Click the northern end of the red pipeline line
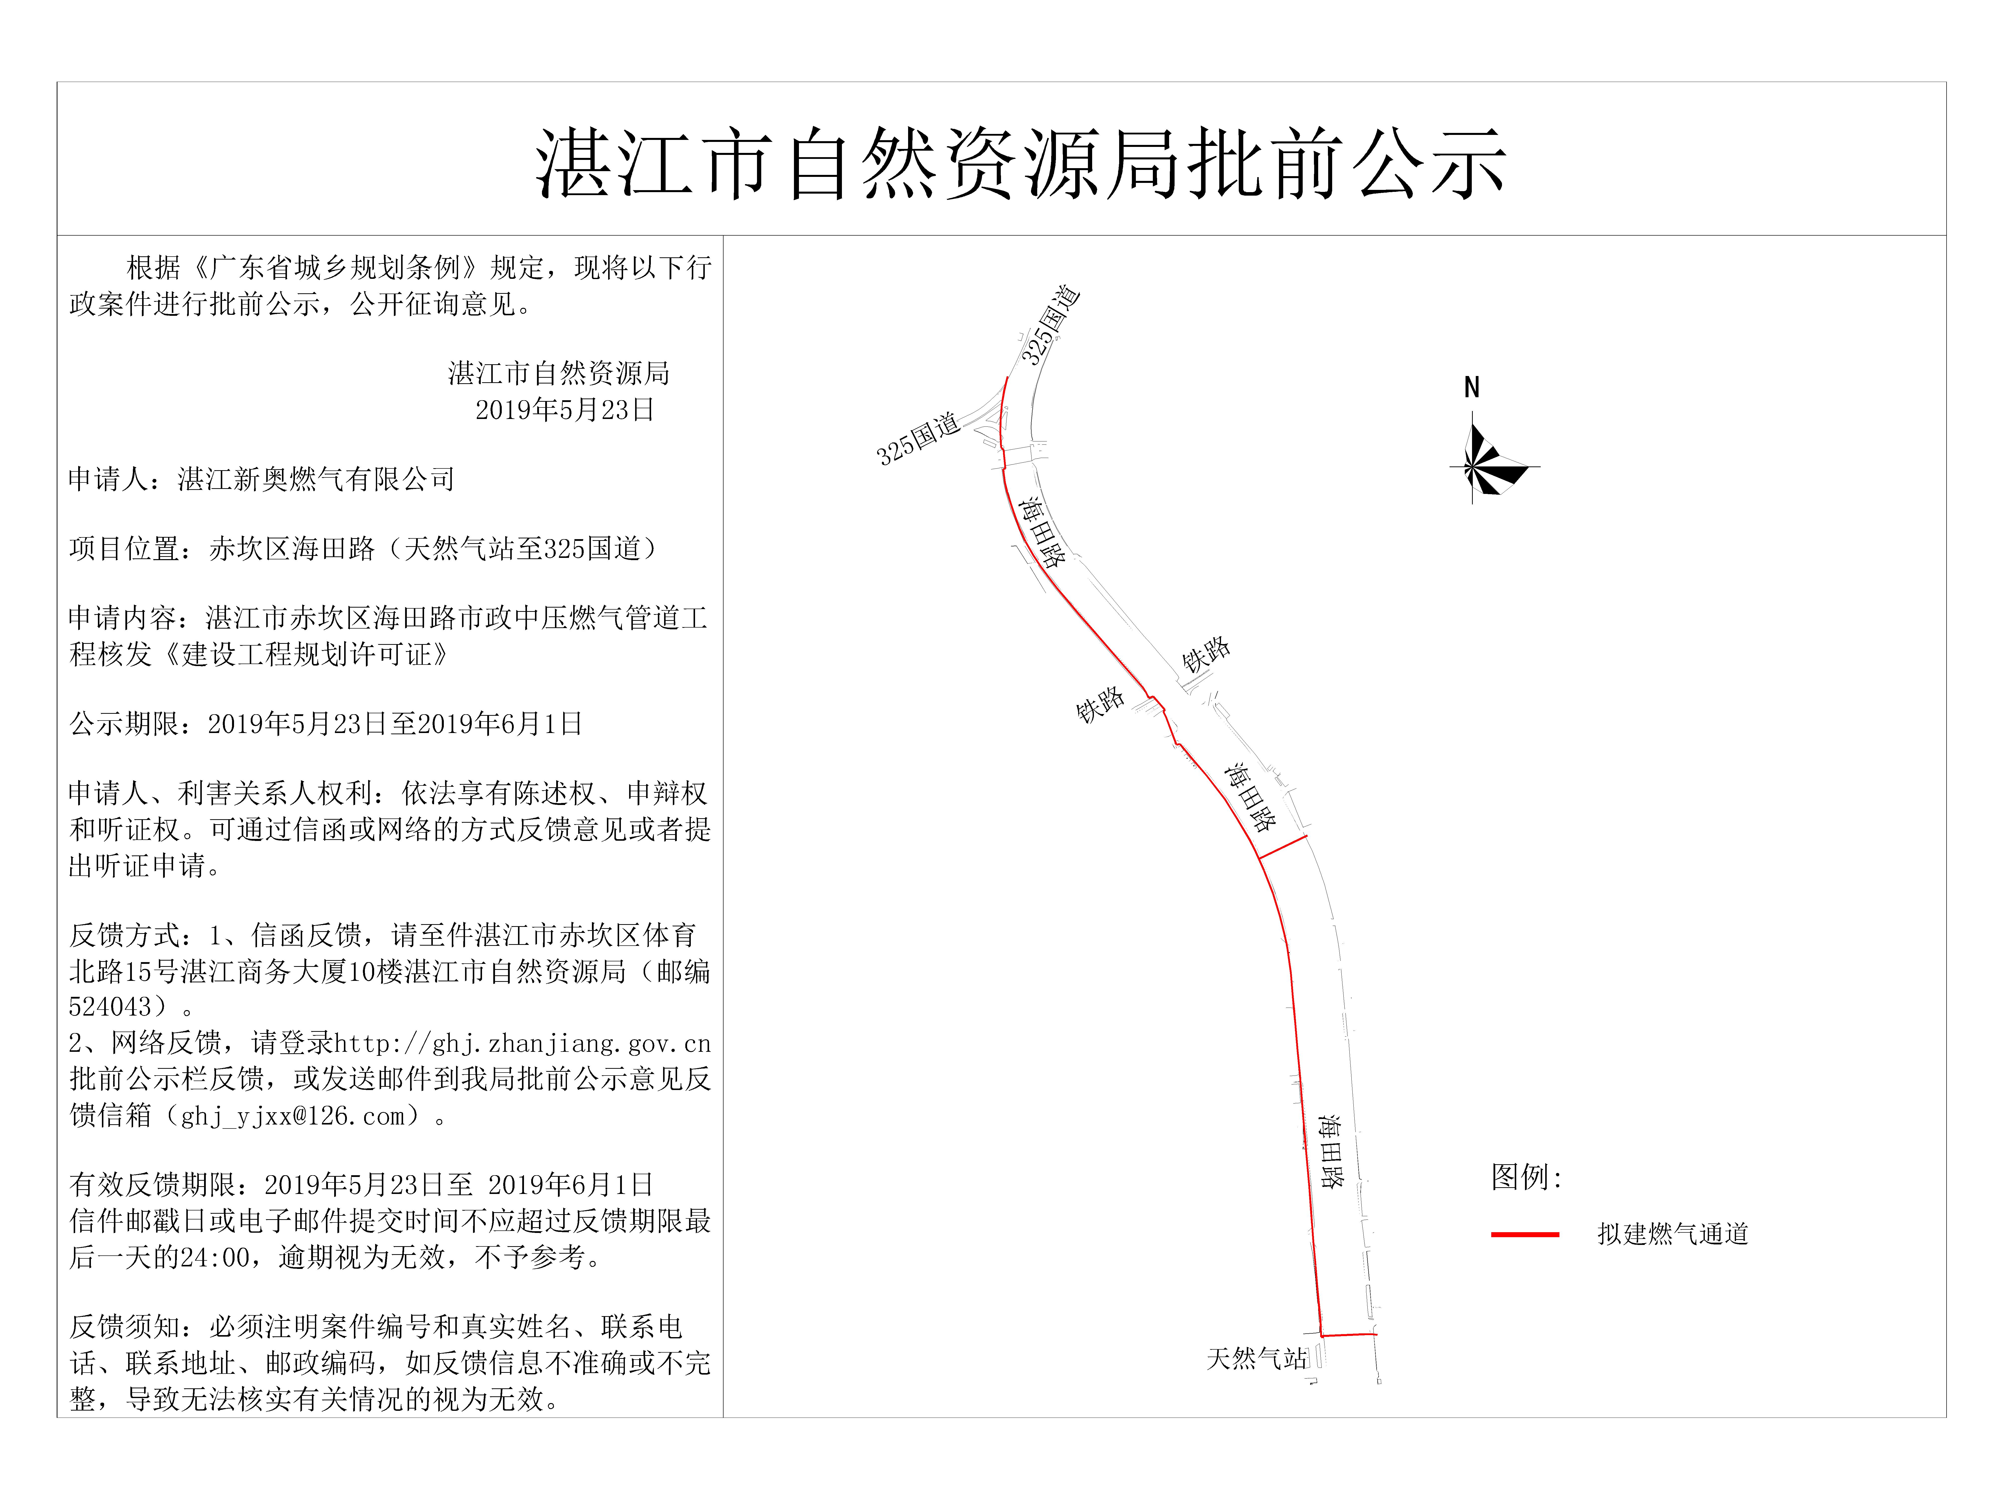tap(1006, 378)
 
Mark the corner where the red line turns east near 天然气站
tap(1321, 1335)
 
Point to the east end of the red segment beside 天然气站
tap(1377, 1334)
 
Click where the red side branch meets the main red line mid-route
tap(1259, 857)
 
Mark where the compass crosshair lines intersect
tap(1472, 467)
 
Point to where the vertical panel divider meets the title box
tap(724, 236)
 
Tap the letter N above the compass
tap(1472, 388)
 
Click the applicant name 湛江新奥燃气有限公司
tap(316, 479)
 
